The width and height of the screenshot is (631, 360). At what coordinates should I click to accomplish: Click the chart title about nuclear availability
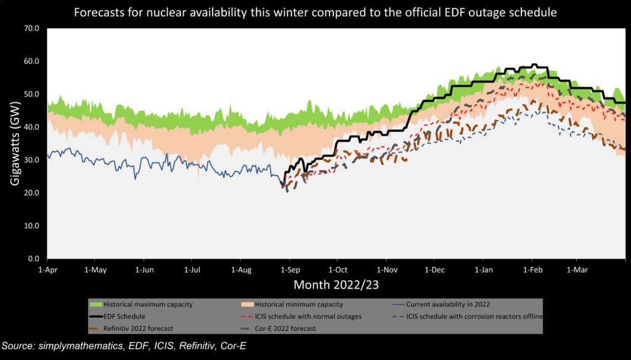(315, 12)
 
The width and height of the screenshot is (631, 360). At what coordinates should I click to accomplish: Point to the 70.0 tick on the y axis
(30, 28)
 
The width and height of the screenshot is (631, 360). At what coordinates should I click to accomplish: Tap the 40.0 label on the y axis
(30, 127)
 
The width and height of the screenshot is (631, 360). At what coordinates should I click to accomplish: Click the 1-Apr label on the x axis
(47, 270)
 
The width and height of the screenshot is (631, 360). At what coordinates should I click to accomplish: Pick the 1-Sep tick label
(289, 270)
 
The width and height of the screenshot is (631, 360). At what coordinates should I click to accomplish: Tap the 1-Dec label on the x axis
(434, 270)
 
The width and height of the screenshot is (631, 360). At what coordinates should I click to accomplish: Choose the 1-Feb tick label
(532, 270)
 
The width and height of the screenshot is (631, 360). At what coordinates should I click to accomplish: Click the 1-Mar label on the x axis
(576, 270)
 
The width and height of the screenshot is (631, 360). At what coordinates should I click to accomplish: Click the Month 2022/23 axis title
(336, 285)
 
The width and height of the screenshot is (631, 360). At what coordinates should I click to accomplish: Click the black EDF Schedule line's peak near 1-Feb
(534, 64)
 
